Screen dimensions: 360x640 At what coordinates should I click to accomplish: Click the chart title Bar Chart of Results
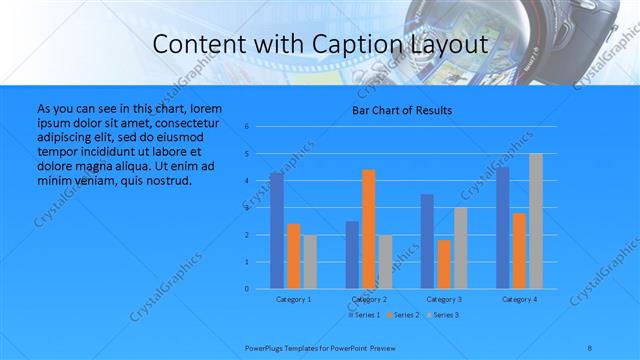click(401, 110)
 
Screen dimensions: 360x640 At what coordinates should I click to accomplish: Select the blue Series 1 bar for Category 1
click(276, 231)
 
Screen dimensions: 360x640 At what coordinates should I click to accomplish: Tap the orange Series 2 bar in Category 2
click(369, 229)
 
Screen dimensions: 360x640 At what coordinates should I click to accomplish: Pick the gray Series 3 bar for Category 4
click(536, 221)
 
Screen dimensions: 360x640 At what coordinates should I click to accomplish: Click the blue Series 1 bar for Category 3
click(427, 241)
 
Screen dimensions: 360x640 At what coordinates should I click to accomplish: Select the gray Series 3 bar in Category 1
click(310, 262)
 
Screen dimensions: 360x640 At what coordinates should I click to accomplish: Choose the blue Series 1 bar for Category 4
click(502, 227)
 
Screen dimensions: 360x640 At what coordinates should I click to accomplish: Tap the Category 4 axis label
click(519, 299)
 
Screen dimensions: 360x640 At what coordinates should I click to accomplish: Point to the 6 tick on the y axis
click(261, 127)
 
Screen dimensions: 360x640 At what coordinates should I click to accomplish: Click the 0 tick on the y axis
click(261, 289)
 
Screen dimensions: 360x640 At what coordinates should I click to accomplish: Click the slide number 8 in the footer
click(589, 346)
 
